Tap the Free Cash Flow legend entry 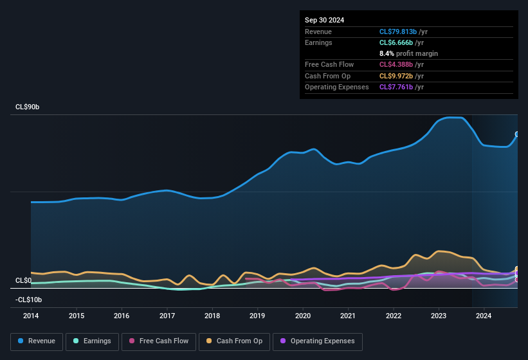click(159, 341)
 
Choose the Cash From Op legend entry click(234, 341)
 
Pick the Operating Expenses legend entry click(318, 341)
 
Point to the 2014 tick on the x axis click(31, 316)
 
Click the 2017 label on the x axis click(167, 316)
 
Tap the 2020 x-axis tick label click(303, 316)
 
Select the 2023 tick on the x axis click(439, 316)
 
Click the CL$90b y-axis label click(27, 107)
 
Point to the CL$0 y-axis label click(23, 281)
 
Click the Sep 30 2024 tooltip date click(324, 20)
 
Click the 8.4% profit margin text click(408, 53)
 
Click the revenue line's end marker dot click(517, 134)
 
